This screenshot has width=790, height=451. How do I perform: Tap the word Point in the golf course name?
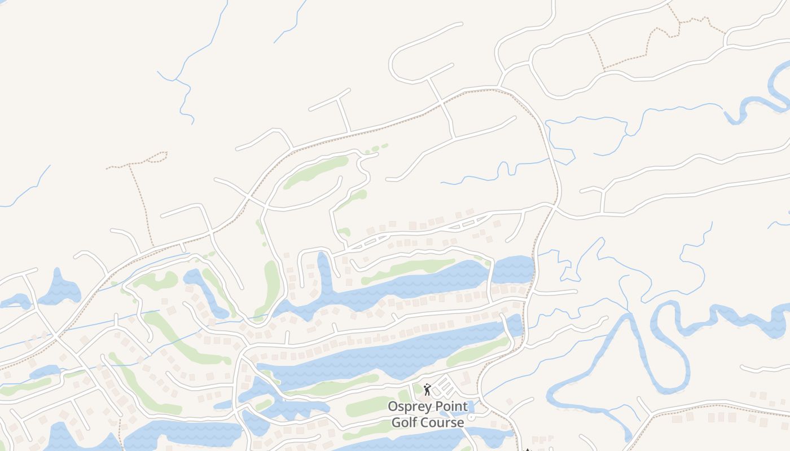(x=449, y=406)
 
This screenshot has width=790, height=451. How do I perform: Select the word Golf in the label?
(x=407, y=422)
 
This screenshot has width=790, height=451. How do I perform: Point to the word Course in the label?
(x=444, y=422)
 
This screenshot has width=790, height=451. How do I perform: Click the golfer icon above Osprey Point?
(x=427, y=390)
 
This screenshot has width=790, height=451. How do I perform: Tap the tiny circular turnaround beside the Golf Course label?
(x=471, y=417)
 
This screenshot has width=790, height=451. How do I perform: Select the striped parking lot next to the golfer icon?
(x=445, y=387)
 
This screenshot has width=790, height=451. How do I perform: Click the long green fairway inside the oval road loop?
(x=316, y=171)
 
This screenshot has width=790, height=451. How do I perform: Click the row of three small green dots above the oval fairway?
(x=376, y=149)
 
